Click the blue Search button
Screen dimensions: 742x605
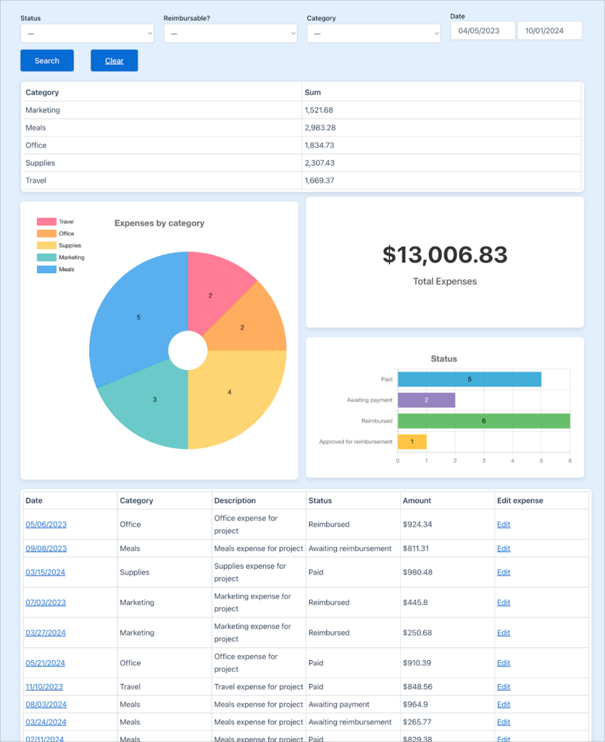(x=47, y=61)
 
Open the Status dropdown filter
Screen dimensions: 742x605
(x=87, y=33)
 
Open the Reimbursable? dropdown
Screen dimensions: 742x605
(x=230, y=33)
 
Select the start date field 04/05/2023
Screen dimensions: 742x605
(x=483, y=30)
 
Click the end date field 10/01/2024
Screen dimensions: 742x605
(x=549, y=30)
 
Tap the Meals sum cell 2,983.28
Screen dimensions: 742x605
(x=320, y=128)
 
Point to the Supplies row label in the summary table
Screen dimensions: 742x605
(x=41, y=163)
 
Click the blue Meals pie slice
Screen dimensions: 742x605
(x=134, y=312)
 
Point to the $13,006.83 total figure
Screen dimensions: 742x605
(x=445, y=254)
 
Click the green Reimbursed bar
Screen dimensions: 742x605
(x=483, y=421)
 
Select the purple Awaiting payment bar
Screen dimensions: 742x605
(x=426, y=400)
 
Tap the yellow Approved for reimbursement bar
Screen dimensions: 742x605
(x=412, y=441)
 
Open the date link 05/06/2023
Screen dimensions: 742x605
(x=46, y=525)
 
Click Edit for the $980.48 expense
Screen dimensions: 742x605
(x=504, y=572)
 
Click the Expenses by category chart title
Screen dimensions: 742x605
(x=159, y=223)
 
